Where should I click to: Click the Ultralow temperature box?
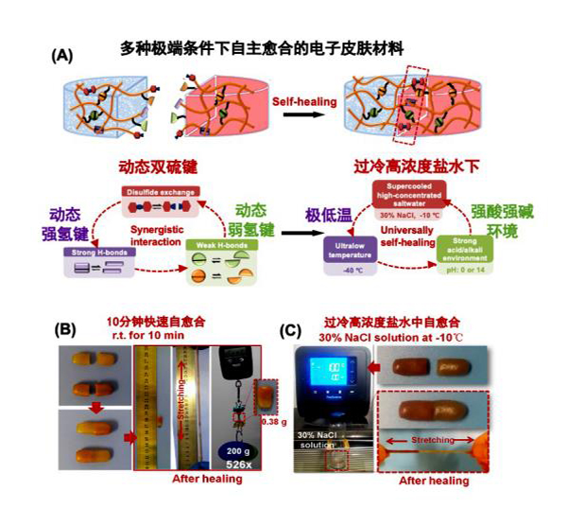coord(349,250)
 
